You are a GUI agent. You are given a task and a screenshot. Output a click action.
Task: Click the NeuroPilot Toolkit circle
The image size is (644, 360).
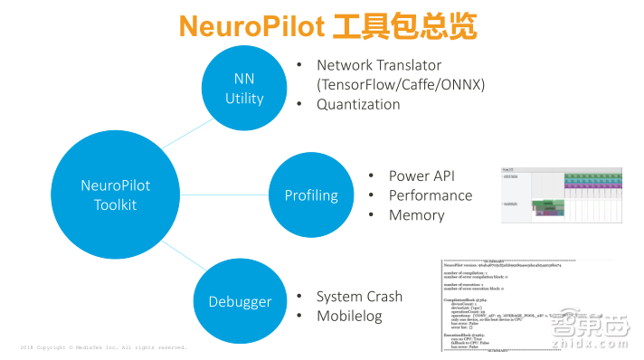tap(116, 194)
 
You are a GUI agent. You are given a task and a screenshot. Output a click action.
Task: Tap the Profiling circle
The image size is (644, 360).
tap(311, 194)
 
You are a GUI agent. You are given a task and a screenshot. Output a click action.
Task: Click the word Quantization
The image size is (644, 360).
tap(358, 104)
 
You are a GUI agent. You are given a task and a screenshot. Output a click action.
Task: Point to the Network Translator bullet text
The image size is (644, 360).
tap(379, 65)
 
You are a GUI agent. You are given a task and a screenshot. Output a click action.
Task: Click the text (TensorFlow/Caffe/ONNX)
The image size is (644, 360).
tap(402, 84)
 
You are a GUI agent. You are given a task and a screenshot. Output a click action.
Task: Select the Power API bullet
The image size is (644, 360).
tap(422, 175)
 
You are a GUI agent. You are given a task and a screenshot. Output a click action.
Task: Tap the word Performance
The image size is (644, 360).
tap(431, 195)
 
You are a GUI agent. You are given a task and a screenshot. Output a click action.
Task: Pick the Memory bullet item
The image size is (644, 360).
tap(417, 215)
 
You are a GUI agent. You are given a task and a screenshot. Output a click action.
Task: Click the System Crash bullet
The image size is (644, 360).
tap(359, 297)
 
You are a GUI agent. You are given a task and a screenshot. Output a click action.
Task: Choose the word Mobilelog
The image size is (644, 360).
tap(351, 317)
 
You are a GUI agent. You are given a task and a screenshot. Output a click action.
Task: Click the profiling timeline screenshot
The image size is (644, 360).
tap(563, 194)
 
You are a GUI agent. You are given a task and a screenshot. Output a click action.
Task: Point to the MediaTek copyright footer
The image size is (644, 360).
tap(103, 347)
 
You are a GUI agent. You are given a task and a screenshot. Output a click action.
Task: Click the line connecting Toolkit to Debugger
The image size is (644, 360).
tap(182, 255)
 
